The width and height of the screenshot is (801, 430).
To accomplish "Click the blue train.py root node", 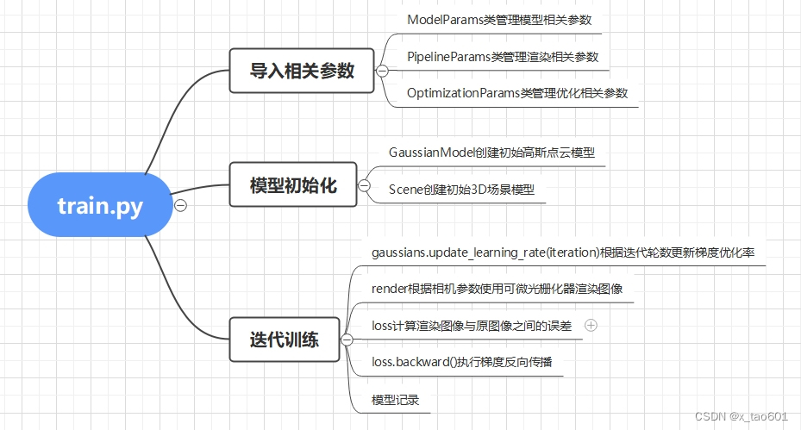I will [100, 205].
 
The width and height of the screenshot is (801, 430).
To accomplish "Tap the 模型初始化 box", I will [293, 184].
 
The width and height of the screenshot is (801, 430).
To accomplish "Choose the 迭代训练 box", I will [285, 340].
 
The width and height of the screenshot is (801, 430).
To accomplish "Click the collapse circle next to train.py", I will [180, 205].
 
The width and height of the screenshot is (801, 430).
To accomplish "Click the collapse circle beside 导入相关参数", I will [382, 71].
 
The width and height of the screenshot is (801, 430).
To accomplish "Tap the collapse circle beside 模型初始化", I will [364, 184].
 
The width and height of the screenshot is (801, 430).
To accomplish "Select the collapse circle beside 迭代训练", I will [347, 340].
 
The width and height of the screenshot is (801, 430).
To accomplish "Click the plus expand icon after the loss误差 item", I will [591, 326].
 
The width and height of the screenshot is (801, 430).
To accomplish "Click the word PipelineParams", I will [448, 57].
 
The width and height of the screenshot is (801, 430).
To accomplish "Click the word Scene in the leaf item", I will [405, 190].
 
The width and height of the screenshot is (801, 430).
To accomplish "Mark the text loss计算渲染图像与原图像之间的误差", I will [471, 326].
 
